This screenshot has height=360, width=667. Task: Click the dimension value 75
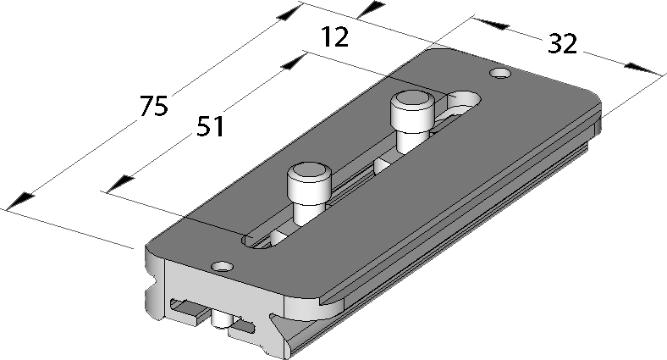[154, 106]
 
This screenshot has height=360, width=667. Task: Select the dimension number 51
[210, 126]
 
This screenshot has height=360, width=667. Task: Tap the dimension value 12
[335, 36]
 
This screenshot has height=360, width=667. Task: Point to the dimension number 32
[562, 44]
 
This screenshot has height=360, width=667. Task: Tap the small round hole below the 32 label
[500, 73]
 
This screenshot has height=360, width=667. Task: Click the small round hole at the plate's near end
[223, 267]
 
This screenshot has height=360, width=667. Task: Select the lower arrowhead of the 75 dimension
[20, 201]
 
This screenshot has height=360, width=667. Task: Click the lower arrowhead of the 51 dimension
[121, 185]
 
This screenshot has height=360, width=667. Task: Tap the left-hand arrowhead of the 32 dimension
[491, 24]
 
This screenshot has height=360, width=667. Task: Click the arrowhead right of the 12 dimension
[372, 10]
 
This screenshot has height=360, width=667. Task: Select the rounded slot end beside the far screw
[464, 100]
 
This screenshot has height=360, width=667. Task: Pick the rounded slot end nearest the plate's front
[256, 241]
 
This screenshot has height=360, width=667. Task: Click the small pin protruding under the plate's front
[221, 319]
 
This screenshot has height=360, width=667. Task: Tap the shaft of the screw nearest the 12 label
[412, 137]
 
